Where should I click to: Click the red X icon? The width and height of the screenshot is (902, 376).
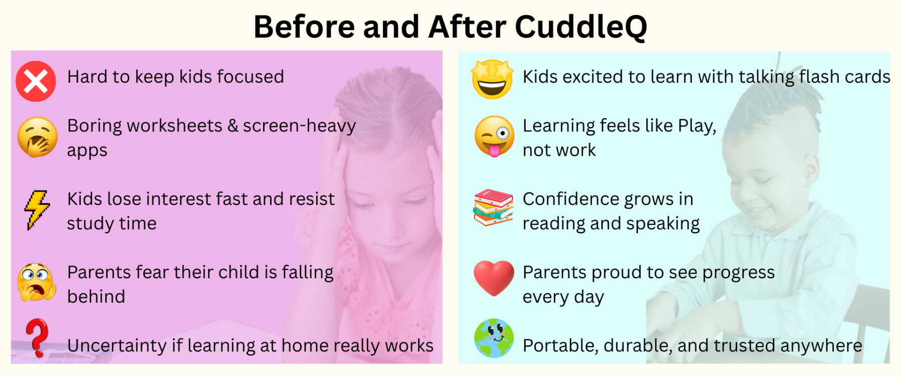[x=36, y=81]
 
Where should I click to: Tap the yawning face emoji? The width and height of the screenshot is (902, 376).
[x=38, y=137]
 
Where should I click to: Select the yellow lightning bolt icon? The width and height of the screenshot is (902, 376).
[x=37, y=210]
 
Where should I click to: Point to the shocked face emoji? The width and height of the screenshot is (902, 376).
[x=37, y=282]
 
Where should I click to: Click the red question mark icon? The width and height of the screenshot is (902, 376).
[x=37, y=337]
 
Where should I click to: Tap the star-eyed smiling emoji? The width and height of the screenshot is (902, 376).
[x=493, y=79]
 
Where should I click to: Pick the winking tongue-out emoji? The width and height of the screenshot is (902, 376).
[x=495, y=136]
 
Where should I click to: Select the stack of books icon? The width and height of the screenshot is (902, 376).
[x=494, y=208]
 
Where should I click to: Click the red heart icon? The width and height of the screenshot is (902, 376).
[x=494, y=278]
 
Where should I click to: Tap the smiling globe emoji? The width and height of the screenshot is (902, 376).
[x=494, y=338]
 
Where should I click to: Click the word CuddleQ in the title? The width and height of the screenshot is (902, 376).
[x=581, y=27]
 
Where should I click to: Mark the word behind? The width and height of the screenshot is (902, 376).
[x=96, y=297]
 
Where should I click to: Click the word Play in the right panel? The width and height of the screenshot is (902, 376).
[x=697, y=126]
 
